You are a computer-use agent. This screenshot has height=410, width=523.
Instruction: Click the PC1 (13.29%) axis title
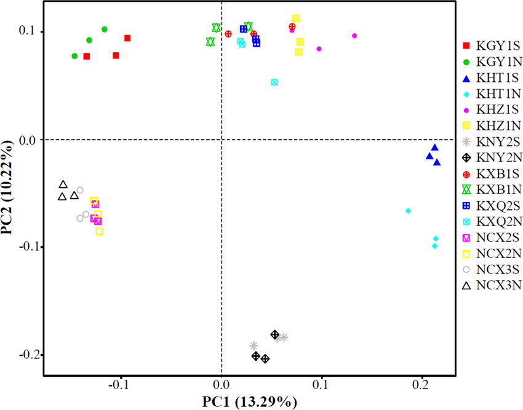click(x=250, y=402)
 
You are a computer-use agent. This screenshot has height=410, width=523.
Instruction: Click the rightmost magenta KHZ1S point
click(x=354, y=36)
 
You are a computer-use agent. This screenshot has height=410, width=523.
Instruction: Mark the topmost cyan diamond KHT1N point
click(x=408, y=211)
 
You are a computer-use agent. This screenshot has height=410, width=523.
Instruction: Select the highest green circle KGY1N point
click(x=104, y=29)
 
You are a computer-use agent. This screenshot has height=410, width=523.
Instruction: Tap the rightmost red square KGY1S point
click(x=127, y=38)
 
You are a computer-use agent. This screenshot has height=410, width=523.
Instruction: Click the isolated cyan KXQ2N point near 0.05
click(x=274, y=82)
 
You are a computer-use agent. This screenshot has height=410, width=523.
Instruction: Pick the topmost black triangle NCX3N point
click(x=63, y=185)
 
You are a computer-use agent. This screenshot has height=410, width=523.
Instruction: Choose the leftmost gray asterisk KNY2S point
click(x=254, y=346)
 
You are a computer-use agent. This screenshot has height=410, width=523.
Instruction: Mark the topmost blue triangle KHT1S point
click(x=434, y=147)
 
